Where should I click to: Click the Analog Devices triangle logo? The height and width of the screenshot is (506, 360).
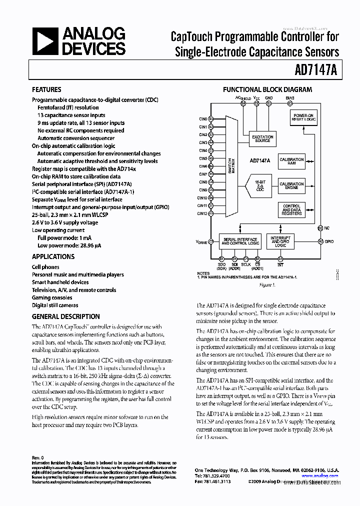pos(44,41)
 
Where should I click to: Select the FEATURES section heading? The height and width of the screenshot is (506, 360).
pos(46,89)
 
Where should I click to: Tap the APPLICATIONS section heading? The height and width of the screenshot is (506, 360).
pos(53,256)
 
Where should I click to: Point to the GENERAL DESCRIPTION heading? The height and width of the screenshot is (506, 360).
pos(65,316)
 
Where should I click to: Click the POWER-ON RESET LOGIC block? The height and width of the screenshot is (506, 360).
pos(304,118)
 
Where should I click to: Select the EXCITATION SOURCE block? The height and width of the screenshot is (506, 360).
pos(263,139)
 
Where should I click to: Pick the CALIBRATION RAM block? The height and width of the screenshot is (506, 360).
pos(291,161)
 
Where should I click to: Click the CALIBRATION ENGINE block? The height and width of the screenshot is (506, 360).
pos(291,186)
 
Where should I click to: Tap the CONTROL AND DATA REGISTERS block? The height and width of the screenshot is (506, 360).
pos(291,209)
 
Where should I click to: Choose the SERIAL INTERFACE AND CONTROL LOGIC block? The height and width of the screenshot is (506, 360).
pos(240,241)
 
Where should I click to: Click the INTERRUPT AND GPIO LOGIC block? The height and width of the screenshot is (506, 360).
pos(280,241)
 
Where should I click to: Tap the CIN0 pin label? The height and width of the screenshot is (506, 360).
pos(202,119)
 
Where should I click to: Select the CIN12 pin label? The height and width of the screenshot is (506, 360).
pos(202,213)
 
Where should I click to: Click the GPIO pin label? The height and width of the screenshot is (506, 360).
pos(329,241)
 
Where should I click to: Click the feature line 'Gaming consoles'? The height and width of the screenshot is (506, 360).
pos(52,297)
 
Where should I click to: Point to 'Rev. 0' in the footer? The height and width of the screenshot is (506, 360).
pos(38,457)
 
